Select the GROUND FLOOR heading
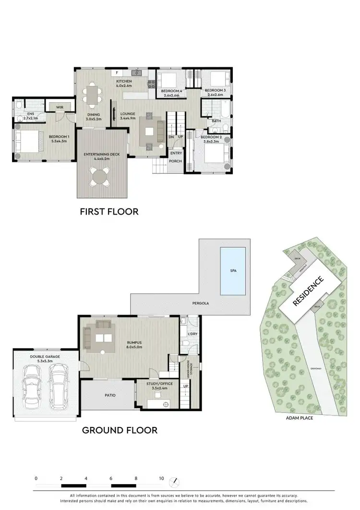point(120,430)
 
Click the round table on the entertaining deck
point(100,176)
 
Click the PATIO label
point(109,395)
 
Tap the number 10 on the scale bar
point(161,478)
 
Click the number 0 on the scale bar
point(36,478)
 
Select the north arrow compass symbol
point(176,480)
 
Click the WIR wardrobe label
point(60,107)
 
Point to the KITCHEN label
point(124,82)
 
